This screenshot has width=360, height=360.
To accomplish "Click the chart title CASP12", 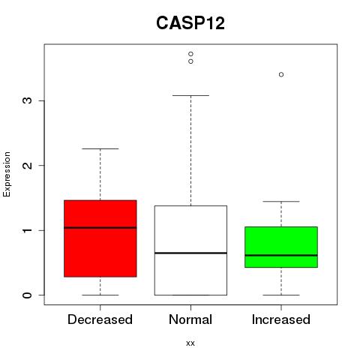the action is point(190,23).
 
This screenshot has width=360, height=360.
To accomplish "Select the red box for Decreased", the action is point(100,238).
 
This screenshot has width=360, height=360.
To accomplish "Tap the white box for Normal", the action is point(190,250).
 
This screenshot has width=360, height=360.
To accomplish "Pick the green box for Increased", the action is point(281,247).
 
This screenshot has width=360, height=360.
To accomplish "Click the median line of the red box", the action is point(100,227).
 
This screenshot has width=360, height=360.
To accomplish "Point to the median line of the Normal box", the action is point(190,253).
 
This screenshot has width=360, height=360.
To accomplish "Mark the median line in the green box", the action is point(281,255).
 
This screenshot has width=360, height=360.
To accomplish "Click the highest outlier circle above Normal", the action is point(190,54).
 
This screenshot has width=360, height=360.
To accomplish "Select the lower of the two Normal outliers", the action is point(190,61).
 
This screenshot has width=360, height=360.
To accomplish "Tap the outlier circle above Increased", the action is point(281,74).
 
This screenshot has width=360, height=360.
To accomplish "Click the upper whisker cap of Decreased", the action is point(100,148).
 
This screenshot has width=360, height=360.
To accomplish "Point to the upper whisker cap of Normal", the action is point(190,95).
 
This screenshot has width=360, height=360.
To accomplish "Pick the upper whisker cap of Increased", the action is point(281,201).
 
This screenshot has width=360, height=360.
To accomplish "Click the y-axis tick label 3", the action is point(28,100).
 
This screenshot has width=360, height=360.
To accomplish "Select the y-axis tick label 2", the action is point(28,165).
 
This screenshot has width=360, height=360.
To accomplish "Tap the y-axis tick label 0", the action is point(28,295).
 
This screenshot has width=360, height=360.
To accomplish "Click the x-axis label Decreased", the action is point(100,319).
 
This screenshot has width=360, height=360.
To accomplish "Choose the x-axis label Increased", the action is point(281,319).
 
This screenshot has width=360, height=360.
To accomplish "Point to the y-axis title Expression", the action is point(7,175).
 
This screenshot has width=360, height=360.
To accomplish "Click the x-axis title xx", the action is point(190,343).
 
